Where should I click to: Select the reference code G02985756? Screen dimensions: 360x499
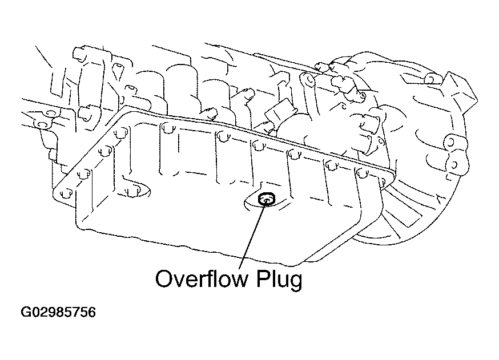point(58,313)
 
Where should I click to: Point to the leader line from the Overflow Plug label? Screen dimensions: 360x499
point(252,234)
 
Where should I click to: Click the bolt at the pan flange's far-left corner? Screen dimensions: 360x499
point(65,194)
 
